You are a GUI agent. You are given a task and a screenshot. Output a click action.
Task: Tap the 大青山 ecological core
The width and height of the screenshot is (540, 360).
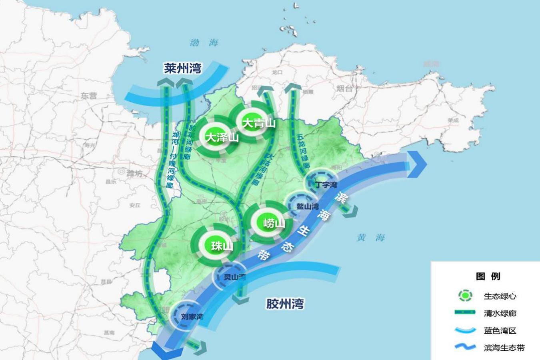tap(258, 123)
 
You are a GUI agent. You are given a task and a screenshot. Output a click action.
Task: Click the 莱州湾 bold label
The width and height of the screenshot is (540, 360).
tap(182, 68)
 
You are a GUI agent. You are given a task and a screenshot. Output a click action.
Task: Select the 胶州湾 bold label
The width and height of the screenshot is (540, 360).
tap(285, 304)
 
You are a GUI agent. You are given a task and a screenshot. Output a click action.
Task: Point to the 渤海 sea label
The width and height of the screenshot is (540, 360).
tap(204, 42)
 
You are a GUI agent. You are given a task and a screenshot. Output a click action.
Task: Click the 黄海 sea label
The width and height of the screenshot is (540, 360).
tap(370, 238)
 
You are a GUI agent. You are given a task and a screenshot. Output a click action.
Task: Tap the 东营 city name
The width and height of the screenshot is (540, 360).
tap(89, 96)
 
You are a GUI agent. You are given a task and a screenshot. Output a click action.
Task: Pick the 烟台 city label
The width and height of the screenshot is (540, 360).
tap(345, 88)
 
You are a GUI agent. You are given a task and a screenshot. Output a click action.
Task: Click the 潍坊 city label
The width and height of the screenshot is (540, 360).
tap(134, 173)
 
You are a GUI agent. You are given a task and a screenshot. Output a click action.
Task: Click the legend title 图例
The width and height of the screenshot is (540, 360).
tap(488, 276)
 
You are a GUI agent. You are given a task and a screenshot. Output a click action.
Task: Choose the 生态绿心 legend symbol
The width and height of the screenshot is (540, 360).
tap(465, 296)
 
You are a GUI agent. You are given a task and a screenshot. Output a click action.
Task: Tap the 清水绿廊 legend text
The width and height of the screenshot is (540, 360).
tap(500, 313)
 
